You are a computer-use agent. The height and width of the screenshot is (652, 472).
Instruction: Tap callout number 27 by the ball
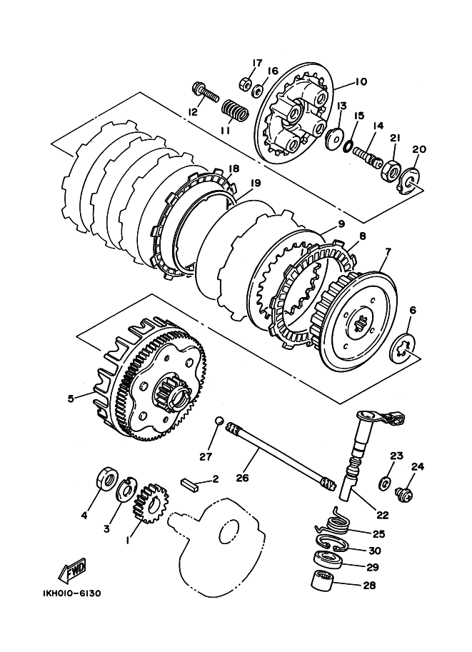point(205,456)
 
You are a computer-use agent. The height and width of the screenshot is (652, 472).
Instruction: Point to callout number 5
point(71,398)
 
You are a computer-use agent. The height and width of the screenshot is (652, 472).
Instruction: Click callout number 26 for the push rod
point(242,478)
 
